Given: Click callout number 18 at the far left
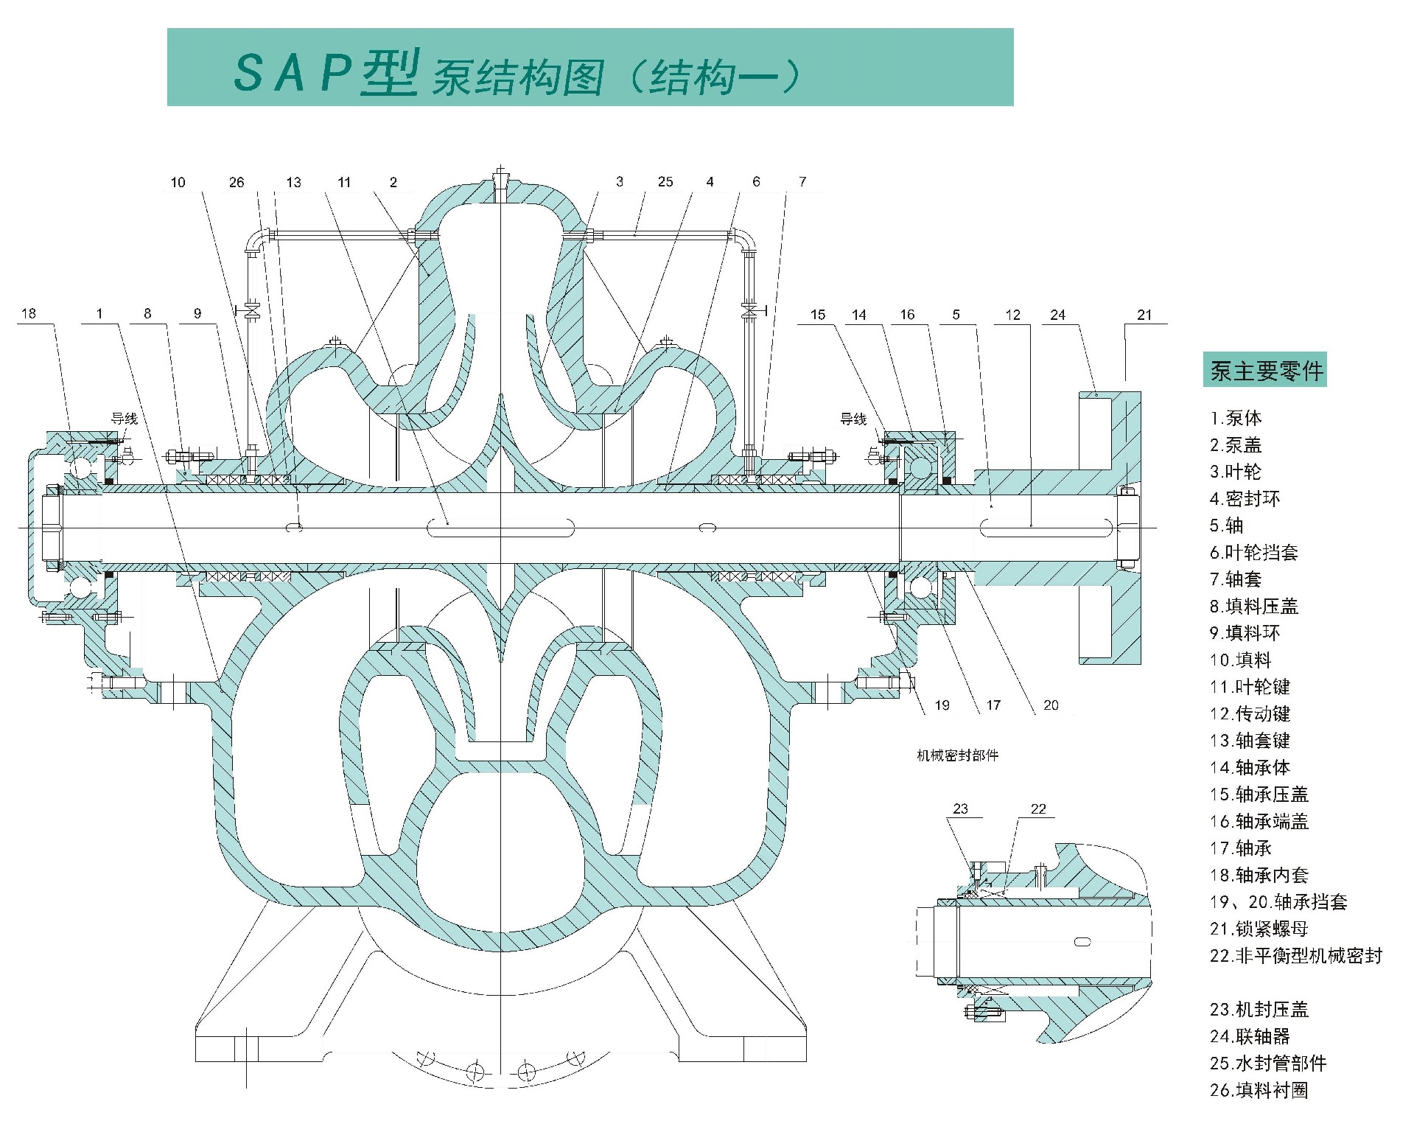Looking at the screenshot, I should [x=29, y=313].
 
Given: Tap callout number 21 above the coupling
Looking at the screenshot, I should [x=1144, y=315].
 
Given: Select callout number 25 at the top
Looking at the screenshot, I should [x=665, y=181].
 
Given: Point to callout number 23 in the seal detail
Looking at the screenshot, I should [x=960, y=809].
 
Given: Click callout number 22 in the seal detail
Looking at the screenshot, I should [x=1038, y=809].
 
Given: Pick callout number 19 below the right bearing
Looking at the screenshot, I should [x=942, y=705].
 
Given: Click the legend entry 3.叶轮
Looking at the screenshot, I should [x=1235, y=472].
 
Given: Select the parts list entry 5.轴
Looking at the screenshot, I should [x=1226, y=525].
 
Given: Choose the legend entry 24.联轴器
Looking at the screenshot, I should [x=1250, y=1036].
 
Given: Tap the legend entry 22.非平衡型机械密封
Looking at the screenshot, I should [x=1295, y=956].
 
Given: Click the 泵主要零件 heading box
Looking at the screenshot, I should [x=1264, y=370].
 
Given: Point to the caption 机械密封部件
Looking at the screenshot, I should [x=957, y=755].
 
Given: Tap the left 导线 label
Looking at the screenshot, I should [x=125, y=419].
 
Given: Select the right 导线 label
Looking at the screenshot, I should [x=853, y=419].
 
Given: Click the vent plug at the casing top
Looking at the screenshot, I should [x=500, y=177].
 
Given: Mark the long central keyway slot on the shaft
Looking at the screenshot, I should [x=501, y=527].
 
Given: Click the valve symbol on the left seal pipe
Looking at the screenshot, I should [x=253, y=310].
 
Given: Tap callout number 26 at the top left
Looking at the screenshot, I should [x=236, y=182].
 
